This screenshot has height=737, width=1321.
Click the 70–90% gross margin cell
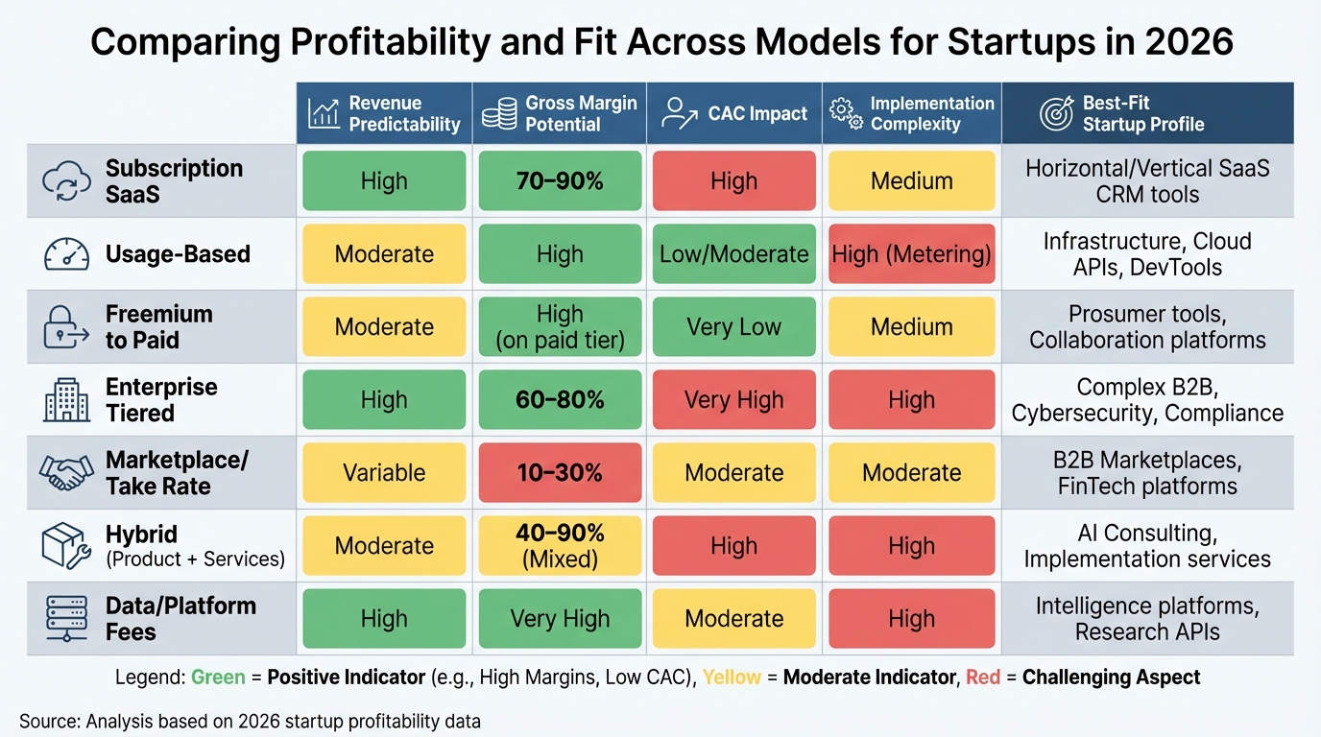click(560, 180)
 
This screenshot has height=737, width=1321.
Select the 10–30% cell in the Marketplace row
click(560, 472)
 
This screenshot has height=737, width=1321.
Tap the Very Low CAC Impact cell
click(734, 326)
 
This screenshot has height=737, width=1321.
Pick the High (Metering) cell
click(911, 253)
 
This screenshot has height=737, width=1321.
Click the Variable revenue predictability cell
click(384, 472)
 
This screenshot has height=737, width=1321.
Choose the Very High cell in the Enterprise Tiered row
click(734, 399)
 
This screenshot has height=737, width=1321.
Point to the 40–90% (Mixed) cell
click(560, 545)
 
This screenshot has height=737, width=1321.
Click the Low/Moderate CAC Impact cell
click(734, 253)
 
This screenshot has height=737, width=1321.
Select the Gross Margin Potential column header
click(560, 113)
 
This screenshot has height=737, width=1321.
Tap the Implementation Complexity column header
click(911, 113)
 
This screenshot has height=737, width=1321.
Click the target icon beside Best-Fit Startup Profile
click(1056, 113)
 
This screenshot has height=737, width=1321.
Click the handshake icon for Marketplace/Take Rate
click(66, 472)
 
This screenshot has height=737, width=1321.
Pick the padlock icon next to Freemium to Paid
click(66, 327)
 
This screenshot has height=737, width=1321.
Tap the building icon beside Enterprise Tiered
click(66, 400)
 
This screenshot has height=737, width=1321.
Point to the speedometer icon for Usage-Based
click(66, 254)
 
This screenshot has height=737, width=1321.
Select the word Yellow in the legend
click(732, 678)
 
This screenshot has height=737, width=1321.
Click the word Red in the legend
click(983, 678)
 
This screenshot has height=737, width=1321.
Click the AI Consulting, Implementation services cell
click(1147, 545)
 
